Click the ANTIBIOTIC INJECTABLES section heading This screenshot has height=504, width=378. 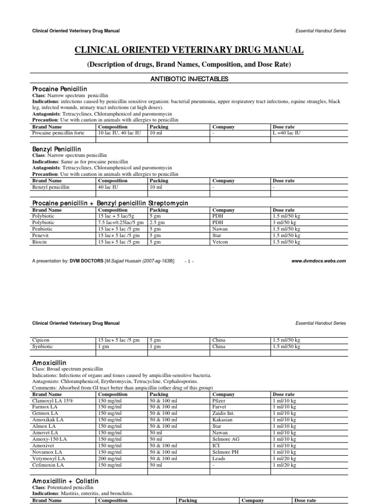point(189,79)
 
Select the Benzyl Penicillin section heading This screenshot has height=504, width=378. point(57,149)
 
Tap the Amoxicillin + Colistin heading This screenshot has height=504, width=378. point(65,480)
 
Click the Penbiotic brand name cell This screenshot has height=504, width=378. point(43,229)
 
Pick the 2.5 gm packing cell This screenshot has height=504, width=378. point(158,222)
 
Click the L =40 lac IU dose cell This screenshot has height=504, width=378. point(288,133)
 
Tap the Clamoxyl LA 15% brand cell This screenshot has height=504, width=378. point(52,401)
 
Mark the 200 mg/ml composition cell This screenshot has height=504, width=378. point(109,458)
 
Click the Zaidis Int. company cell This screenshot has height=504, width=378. point(224,413)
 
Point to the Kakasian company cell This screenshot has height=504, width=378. point(223,420)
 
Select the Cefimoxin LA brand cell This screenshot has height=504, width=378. point(48,465)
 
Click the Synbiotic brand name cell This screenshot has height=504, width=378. point(43,346)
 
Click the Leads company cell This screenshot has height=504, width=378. point(219,458)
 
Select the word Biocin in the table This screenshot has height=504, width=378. point(39,242)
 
